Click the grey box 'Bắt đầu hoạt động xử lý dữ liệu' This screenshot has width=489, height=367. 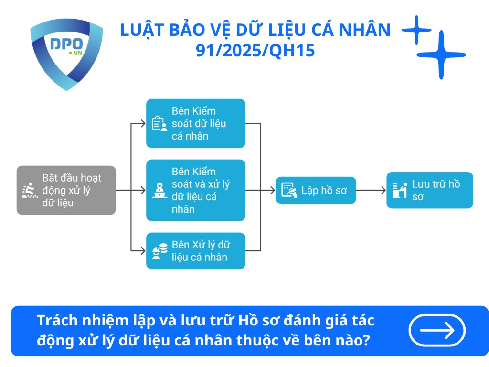tap(66, 190)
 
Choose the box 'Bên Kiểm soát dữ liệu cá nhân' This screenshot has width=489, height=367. tap(195, 123)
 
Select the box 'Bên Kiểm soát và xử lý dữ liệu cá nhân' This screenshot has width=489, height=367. tap(195, 190)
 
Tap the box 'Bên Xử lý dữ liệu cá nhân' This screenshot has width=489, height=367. tap(195, 250)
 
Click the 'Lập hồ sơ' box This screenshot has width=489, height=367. tap(316, 190)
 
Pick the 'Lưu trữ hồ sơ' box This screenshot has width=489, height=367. tap(429, 190)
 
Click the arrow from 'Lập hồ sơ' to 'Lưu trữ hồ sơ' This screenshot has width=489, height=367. tap(371, 190)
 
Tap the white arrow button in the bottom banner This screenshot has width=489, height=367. tap(436, 330)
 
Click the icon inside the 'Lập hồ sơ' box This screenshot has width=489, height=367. tap(288, 190)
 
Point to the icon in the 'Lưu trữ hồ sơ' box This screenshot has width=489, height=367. tap(399, 190)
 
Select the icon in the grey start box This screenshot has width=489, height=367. tap(30, 191)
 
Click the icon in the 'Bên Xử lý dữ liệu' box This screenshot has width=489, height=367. tap(159, 251)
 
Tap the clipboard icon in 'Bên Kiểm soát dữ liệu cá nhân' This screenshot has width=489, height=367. tap(159, 124)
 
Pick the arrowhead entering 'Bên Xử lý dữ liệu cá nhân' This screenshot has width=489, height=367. tap(143, 250)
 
